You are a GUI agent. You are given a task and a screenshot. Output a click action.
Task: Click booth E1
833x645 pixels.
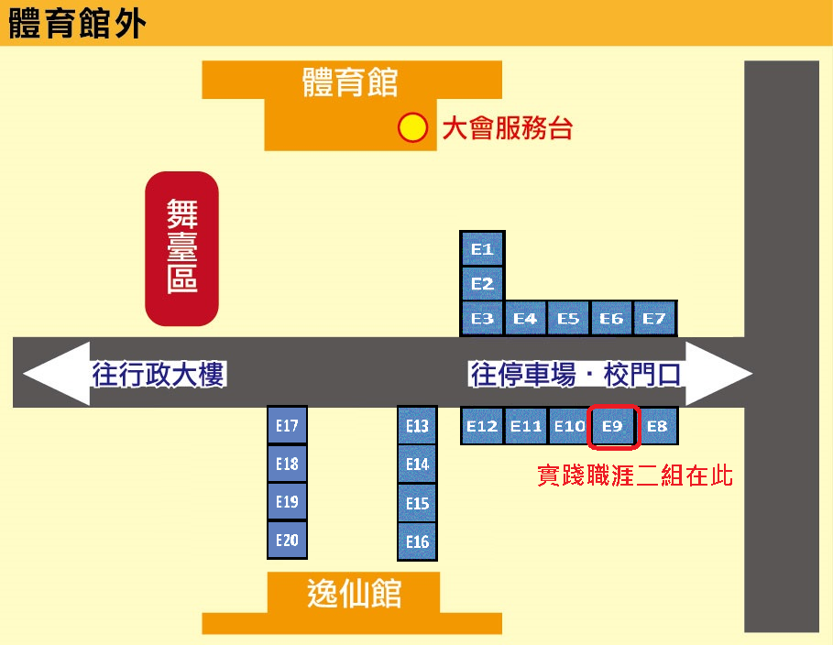pos(482,248)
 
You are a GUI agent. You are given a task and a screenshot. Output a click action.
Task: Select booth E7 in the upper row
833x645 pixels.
pos(654,318)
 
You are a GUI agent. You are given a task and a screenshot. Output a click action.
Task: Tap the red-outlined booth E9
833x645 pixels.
pos(613,426)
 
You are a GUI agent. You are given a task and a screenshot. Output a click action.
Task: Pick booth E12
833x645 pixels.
pos(482,426)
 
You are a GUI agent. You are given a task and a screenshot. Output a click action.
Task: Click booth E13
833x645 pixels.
pos(417,426)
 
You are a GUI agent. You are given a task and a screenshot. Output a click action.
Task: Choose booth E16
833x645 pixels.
pos(417,541)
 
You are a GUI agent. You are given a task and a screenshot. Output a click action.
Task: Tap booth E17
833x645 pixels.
pos(287,425)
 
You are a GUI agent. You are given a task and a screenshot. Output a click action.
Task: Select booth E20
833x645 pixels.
pos(287,540)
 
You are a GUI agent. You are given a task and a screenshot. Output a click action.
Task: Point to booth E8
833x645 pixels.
pos(658,426)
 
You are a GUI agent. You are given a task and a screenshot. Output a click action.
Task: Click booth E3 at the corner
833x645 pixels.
pos(482,318)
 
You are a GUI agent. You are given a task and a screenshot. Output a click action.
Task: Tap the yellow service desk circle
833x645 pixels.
pos(412,128)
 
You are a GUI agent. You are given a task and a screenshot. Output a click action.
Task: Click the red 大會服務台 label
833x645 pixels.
pos(507,128)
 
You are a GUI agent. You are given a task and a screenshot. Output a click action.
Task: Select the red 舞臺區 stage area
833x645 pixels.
pos(181,248)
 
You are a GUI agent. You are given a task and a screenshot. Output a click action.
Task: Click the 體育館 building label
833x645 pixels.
pos(350,82)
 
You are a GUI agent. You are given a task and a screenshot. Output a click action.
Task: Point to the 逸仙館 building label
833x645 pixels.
pos(354,593)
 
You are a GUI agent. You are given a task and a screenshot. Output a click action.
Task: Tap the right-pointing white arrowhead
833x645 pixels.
pos(718,374)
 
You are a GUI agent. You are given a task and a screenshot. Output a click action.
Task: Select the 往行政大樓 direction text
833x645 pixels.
pos(159,374)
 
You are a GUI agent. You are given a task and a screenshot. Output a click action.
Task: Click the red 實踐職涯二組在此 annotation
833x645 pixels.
pos(635,476)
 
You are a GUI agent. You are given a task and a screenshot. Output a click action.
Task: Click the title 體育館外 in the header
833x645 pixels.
pos(77,24)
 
